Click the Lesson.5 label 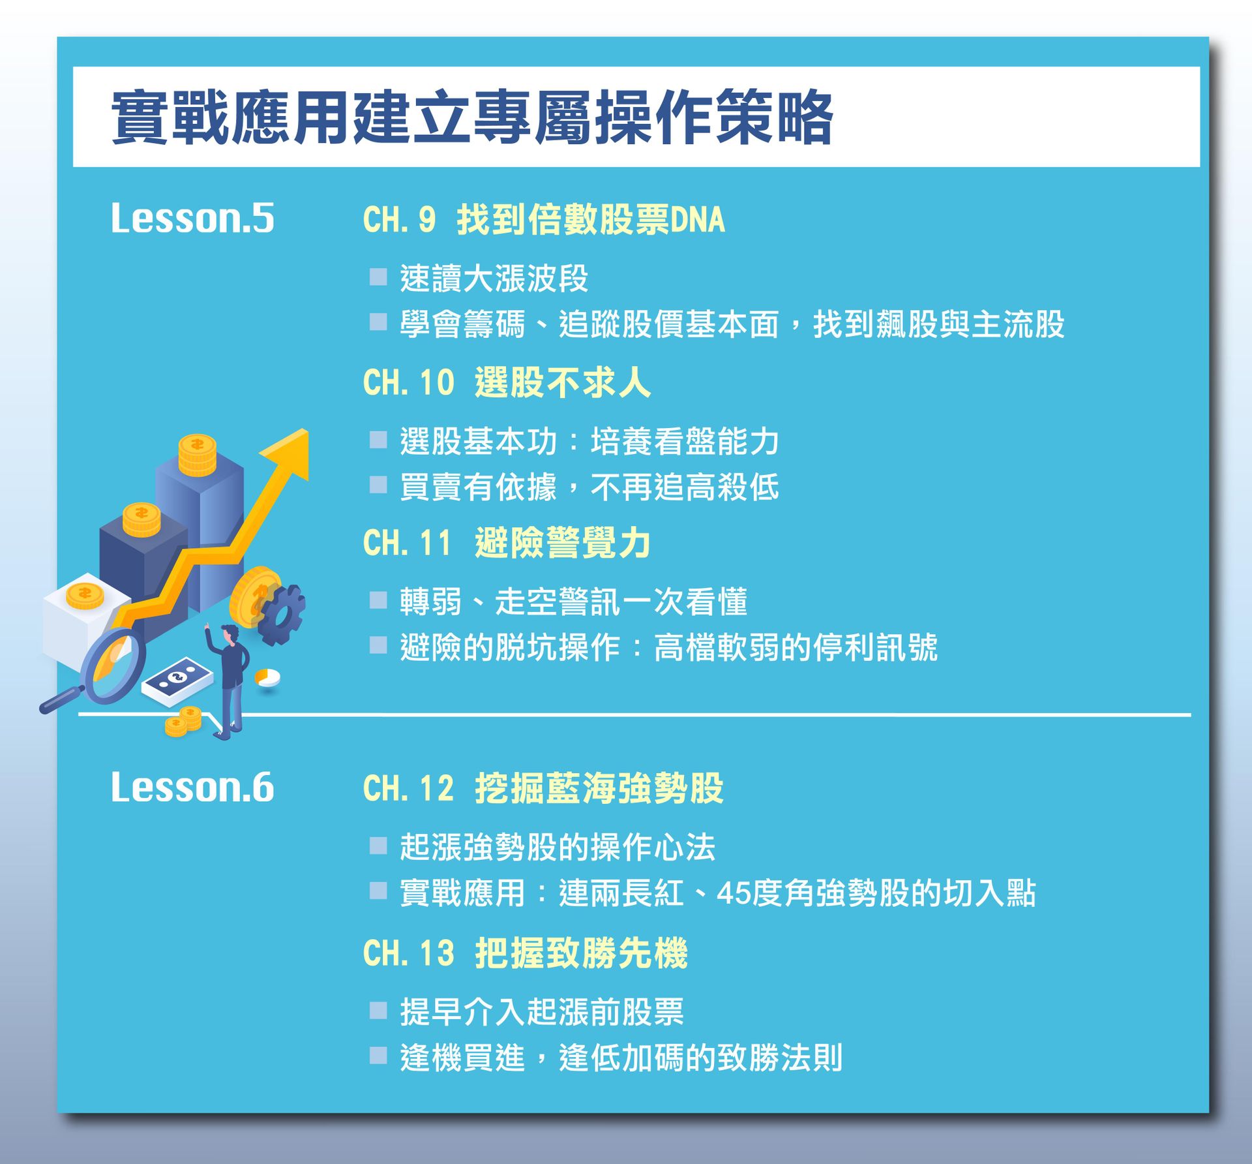click(192, 218)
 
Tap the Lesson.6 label click(192, 787)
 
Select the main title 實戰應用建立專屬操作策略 click(472, 117)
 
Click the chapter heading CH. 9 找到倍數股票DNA click(544, 219)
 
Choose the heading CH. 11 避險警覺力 click(507, 543)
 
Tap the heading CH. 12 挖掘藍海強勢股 click(543, 788)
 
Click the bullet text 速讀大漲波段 click(494, 279)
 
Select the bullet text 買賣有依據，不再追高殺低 click(589, 487)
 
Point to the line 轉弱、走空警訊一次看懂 click(573, 602)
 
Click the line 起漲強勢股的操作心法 click(558, 847)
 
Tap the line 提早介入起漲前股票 click(542, 1012)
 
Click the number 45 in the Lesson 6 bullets click(733, 893)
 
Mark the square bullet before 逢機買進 click(378, 1056)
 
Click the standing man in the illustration click(229, 679)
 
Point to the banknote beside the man click(177, 681)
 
